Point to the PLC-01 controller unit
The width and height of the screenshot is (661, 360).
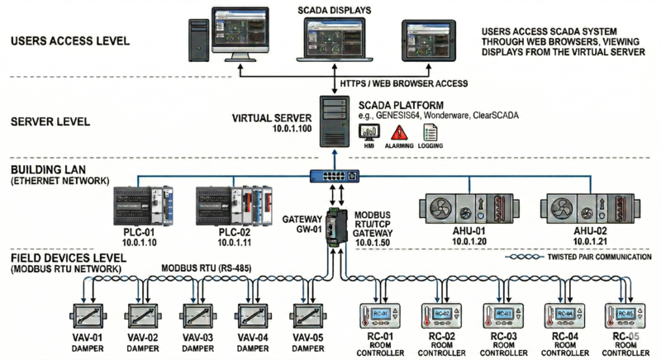(145, 206)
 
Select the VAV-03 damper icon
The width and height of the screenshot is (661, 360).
(197, 315)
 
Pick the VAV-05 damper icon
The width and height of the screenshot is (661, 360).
(308, 315)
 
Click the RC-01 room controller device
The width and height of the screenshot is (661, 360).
(379, 315)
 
